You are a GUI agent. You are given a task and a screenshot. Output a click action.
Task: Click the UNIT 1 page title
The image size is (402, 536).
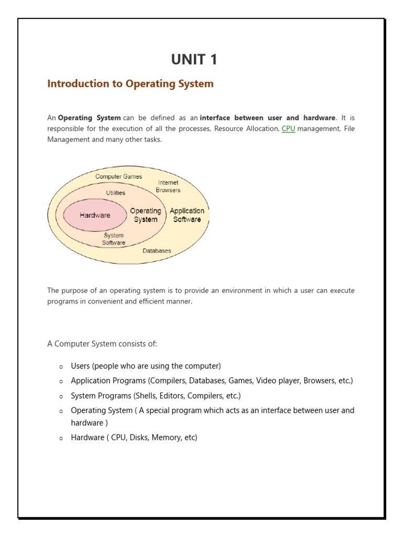point(194,60)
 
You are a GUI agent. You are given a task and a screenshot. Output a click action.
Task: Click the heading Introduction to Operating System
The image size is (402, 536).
point(130,84)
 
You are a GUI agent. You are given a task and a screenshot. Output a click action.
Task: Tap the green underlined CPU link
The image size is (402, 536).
point(288,128)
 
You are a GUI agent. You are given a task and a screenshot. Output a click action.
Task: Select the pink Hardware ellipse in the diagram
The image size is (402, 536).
point(95,215)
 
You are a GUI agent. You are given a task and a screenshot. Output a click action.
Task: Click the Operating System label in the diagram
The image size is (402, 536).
point(146,215)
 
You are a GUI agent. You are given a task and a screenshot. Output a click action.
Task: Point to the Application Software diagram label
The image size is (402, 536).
point(187,215)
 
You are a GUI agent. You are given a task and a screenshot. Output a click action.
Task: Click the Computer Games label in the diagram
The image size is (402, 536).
point(118,176)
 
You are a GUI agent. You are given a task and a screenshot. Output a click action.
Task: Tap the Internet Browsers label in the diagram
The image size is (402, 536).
point(168,186)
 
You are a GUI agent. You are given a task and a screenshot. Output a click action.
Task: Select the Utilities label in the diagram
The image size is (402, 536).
point(116,193)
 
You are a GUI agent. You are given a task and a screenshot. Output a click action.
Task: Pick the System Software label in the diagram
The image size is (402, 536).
point(114,239)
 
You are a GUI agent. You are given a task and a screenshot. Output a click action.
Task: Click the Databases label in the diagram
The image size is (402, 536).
point(157,251)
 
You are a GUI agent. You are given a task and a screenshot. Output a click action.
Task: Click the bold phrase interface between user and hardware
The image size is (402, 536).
point(267,118)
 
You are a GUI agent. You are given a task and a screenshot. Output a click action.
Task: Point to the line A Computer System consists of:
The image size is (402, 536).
point(102,343)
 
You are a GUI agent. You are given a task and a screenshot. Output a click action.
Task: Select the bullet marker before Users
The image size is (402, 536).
point(61,366)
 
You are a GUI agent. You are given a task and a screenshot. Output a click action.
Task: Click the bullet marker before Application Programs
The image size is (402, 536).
point(61,382)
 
